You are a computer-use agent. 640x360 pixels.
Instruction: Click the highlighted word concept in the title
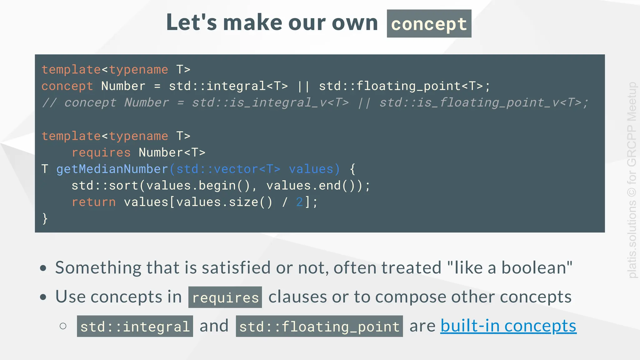429,24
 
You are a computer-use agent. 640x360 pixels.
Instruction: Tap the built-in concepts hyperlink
508,326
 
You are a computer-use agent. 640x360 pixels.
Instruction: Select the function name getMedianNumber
112,169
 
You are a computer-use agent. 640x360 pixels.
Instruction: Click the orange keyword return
94,202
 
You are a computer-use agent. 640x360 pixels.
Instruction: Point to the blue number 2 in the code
299,202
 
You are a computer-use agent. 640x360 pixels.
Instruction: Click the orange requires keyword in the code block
101,152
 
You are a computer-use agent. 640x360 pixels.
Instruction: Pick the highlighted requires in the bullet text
225,297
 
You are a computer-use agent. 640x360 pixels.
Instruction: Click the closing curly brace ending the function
45,218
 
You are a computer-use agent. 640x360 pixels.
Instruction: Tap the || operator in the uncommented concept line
303,86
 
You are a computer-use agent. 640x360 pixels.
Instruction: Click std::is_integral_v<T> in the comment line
270,103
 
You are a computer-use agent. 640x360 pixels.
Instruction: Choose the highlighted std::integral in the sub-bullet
135,327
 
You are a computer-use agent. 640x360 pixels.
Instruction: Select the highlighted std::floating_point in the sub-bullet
319,327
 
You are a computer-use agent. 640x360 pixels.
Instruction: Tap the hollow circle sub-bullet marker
63,326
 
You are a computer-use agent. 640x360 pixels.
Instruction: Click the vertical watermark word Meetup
632,102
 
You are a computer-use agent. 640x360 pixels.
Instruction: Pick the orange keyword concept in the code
67,86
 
